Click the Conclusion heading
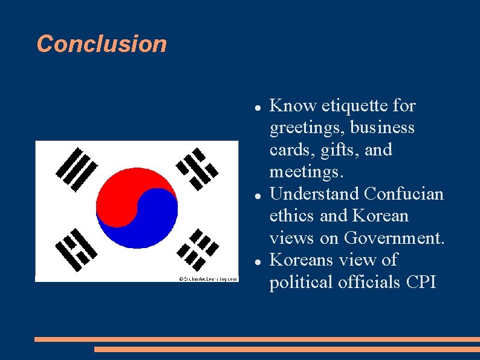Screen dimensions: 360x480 click(102, 44)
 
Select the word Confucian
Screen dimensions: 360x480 click(404, 194)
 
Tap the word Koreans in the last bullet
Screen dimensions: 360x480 click(300, 260)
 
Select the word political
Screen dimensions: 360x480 click(301, 282)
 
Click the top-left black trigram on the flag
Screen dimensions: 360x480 click(76, 169)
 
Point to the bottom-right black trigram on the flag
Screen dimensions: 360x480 click(199, 248)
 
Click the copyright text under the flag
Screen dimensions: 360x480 click(207, 279)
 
